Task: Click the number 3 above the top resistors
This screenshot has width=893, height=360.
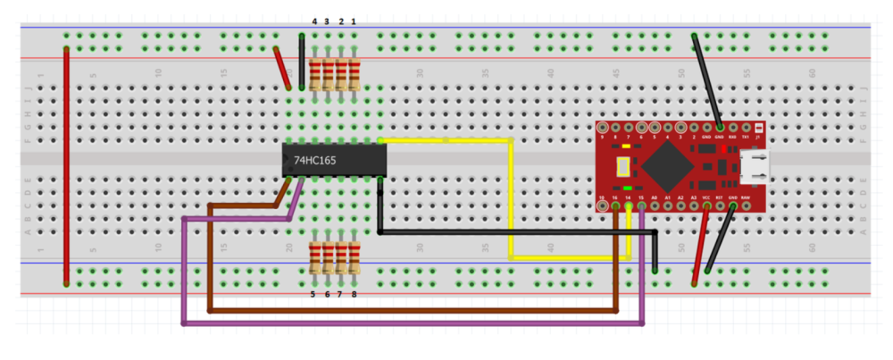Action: [327, 21]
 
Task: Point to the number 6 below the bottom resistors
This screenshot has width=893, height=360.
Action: [327, 294]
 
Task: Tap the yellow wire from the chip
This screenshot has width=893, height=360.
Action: [510, 197]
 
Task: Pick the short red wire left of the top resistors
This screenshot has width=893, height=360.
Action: [283, 68]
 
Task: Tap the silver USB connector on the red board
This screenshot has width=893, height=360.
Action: [752, 166]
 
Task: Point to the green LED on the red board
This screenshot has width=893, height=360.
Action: [629, 188]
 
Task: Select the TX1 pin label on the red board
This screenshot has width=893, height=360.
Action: [745, 137]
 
